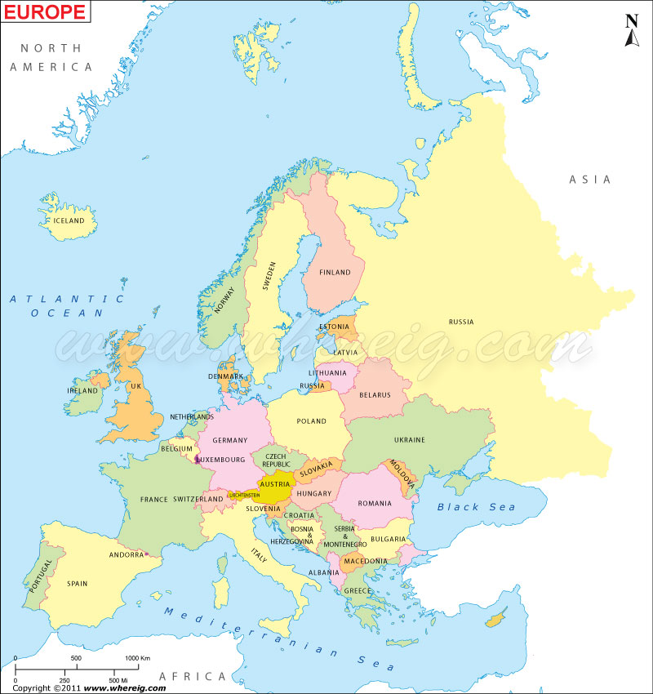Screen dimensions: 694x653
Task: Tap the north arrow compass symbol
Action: [x=631, y=31]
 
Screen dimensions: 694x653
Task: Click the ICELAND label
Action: [x=69, y=220]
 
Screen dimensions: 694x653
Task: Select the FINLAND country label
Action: [x=335, y=273]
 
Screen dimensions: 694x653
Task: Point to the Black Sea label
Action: [x=476, y=507]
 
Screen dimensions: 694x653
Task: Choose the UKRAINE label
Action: [x=410, y=440]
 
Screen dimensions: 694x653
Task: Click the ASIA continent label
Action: [x=589, y=180]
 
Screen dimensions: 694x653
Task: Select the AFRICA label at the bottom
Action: [x=192, y=677]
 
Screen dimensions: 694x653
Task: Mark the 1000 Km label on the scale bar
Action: [x=137, y=658]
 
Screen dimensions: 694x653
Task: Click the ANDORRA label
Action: [x=127, y=555]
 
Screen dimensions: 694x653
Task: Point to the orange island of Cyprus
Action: [x=494, y=621]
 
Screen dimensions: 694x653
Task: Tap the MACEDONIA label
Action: [x=365, y=561]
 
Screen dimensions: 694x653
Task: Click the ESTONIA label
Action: [x=334, y=327]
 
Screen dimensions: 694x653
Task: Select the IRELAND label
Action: [x=82, y=391]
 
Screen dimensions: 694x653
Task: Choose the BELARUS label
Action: [x=374, y=395]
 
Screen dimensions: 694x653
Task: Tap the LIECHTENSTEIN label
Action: [x=245, y=495]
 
